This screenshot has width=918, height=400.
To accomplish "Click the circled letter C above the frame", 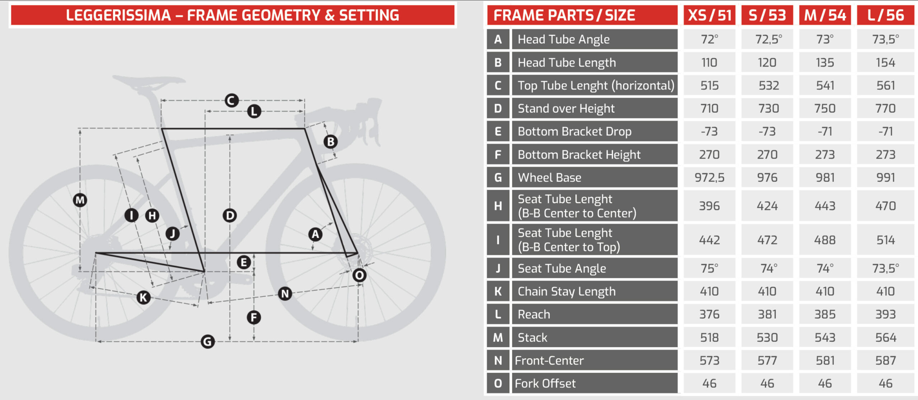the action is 232,100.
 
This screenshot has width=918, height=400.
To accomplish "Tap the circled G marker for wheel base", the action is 208,342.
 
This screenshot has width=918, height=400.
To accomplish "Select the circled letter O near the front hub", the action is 359,275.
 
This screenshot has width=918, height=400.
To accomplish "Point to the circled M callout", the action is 80,200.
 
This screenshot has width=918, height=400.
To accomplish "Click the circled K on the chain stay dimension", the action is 143,297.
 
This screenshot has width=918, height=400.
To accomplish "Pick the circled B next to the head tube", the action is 331,142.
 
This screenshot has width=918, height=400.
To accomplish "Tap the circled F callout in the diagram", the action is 254,317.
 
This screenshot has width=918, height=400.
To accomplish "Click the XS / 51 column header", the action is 709,15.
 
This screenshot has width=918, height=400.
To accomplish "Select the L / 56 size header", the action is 885,15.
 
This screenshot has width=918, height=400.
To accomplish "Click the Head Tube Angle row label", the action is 564,39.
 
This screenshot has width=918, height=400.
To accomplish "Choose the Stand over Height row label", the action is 566,108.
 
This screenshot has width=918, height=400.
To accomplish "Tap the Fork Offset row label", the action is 545,383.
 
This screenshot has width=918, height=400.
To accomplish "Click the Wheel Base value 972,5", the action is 709,178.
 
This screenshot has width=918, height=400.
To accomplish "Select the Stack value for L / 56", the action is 885,338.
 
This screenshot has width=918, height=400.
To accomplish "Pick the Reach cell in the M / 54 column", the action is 825,315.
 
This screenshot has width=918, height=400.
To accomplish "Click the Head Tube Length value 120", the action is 767,63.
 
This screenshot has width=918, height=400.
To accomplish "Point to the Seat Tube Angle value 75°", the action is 709,268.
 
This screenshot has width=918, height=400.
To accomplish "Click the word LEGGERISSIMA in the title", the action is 118,15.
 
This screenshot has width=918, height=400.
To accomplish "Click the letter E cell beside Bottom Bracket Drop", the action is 498,131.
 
